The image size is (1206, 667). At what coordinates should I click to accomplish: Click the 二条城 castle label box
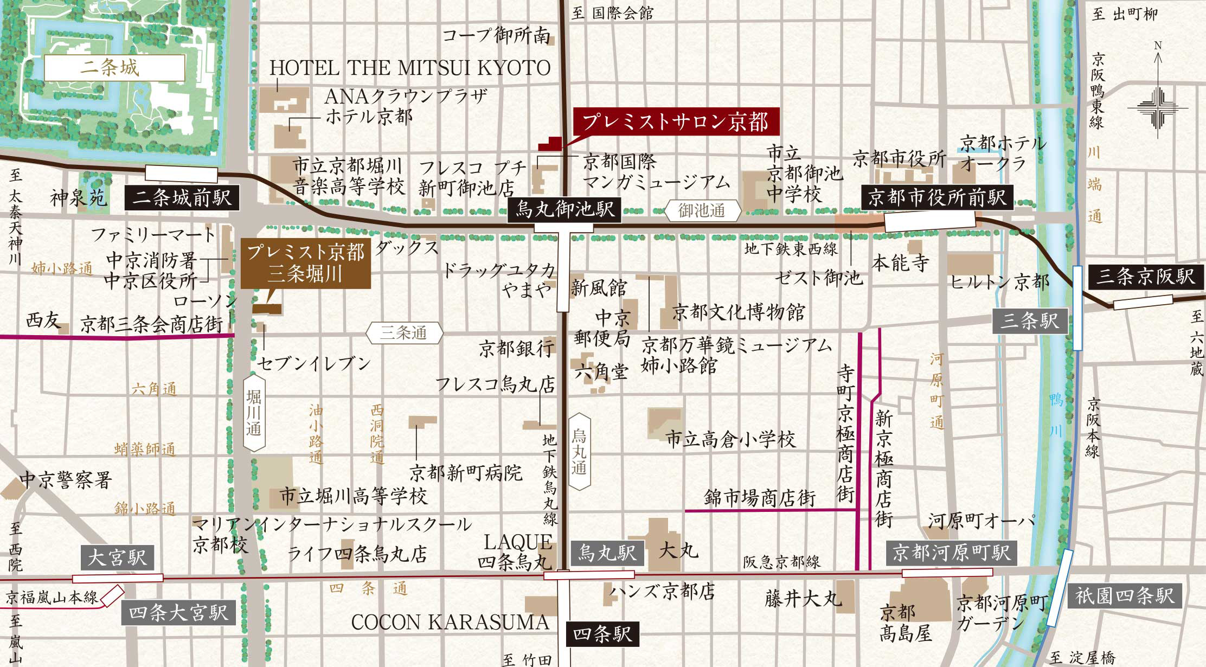pos(114,68)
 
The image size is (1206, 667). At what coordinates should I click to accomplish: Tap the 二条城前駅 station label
pos(182,197)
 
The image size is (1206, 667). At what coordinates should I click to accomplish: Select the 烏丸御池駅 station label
pos(564,209)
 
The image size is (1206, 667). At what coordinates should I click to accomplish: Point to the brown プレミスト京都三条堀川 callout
pos(306,263)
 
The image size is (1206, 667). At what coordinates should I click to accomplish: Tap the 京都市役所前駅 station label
pos(937,197)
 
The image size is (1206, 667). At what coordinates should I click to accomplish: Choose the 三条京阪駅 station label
pos(1145,277)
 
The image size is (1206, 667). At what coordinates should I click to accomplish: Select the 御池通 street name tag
pos(702,210)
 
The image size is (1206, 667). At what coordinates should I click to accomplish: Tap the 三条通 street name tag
pos(405,332)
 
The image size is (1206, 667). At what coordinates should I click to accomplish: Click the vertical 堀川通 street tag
pos(254,412)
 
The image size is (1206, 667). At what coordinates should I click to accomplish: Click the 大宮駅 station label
pos(117,557)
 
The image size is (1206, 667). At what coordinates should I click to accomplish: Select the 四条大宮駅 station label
pos(178,613)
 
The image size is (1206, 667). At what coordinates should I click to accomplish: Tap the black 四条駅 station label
pos(602,634)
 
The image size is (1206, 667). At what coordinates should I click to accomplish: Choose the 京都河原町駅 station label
pos(952,553)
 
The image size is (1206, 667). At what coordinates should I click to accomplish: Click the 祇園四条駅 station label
pos(1125,596)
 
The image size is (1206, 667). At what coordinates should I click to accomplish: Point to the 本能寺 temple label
pos(901,263)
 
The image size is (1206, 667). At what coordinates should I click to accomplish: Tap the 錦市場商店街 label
pos(760,497)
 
